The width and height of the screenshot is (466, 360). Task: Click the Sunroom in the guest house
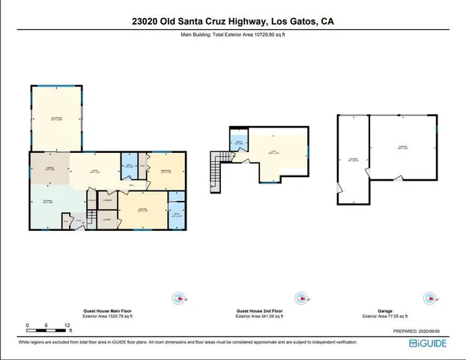click(56, 118)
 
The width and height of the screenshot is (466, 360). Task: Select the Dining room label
click(51, 169)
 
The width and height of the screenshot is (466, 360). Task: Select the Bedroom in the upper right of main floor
click(168, 171)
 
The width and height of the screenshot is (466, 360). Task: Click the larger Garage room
click(403, 147)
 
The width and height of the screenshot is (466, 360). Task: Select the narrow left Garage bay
click(353, 159)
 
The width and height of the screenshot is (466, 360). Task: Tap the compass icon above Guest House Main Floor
click(178, 297)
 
